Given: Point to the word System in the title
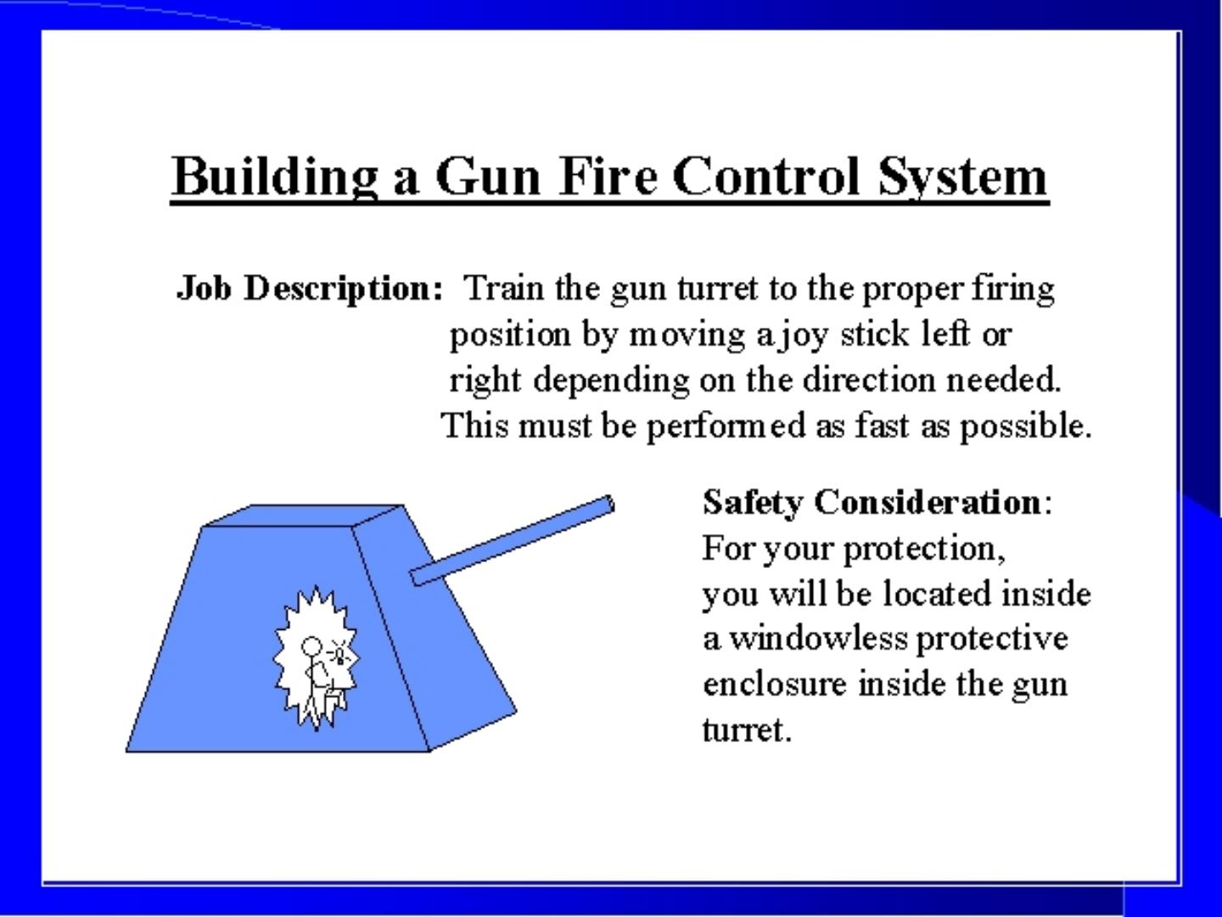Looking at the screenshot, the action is (x=962, y=177).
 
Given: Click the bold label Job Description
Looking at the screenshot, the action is (x=310, y=289).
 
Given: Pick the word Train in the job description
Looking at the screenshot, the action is (x=504, y=289).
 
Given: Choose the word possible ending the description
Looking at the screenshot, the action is (x=1024, y=425).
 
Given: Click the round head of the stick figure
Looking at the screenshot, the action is (x=311, y=647).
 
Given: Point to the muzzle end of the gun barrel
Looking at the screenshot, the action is (x=608, y=504).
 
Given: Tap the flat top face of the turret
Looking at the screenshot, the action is (x=304, y=515).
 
